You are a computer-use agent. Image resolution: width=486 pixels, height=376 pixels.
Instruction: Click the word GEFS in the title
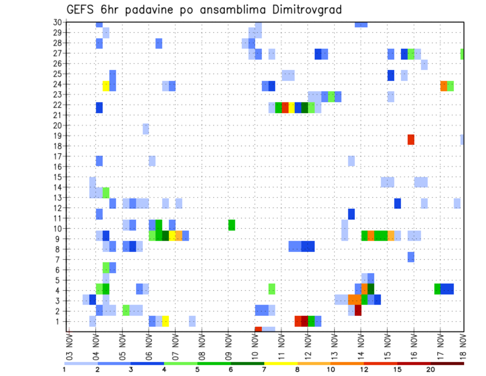[x=82, y=10]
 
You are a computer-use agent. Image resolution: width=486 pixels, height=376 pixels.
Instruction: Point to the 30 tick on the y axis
[x=57, y=22]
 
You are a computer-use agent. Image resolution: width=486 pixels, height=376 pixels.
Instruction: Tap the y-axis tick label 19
[x=57, y=136]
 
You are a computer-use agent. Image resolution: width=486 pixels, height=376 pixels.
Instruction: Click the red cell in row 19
[x=411, y=139]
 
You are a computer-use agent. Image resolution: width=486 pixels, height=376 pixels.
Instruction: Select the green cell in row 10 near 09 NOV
[x=231, y=224]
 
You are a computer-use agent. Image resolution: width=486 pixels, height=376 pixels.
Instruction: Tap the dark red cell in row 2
[x=358, y=310]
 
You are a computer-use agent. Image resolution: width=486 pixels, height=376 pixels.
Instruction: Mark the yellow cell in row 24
[x=106, y=86]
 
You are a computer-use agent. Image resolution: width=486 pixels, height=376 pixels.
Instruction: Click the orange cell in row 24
[x=443, y=86]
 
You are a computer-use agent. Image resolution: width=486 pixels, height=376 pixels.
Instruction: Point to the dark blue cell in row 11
[x=351, y=214]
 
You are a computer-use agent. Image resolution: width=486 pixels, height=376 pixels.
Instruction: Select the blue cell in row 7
[x=411, y=257]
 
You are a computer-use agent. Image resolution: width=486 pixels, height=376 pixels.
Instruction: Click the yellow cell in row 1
[x=165, y=321]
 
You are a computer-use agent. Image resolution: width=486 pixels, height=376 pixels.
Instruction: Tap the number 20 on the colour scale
[x=430, y=369]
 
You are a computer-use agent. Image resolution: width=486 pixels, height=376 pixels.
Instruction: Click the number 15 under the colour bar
[x=397, y=369]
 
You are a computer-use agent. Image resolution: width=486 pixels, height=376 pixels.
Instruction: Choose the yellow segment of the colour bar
[x=280, y=363]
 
